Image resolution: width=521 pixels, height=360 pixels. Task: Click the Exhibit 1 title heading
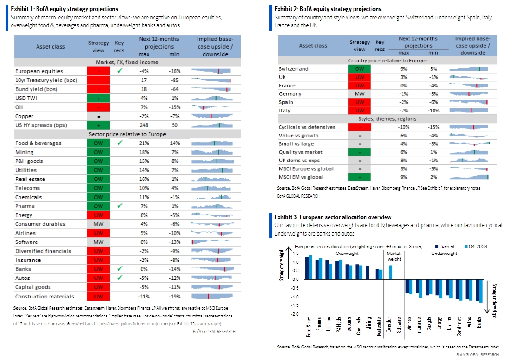(64, 9)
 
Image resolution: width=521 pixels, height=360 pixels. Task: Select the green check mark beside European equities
(120, 71)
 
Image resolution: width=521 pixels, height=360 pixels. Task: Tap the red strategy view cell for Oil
(99, 107)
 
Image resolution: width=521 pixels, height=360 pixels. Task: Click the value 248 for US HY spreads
(144, 125)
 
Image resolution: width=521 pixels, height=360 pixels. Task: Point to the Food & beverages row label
(38, 143)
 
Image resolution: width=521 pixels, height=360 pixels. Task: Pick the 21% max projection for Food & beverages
(144, 143)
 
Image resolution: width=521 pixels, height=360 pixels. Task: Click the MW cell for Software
(99, 242)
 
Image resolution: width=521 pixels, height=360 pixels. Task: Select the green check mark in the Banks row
(120, 268)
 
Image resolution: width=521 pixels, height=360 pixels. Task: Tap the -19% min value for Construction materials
(175, 297)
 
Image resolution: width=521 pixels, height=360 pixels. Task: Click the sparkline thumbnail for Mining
(213, 152)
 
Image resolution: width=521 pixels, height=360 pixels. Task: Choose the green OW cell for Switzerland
(360, 69)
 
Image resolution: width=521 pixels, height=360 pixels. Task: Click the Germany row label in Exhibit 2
(290, 94)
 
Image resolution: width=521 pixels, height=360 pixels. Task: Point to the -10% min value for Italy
(433, 111)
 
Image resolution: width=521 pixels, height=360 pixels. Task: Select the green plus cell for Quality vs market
(360, 152)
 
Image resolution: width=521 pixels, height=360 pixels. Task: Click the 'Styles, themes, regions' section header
(387, 119)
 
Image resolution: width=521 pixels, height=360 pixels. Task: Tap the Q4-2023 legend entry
(476, 246)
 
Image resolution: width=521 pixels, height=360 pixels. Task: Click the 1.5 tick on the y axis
(296, 253)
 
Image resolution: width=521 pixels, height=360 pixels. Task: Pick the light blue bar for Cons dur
(391, 272)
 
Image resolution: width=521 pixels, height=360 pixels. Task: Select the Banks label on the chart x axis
(479, 323)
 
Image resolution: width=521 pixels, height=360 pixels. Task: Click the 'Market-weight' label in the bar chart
(394, 256)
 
